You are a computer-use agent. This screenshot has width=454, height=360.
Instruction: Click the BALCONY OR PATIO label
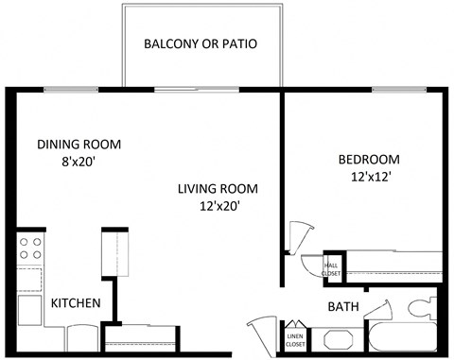(x=200, y=44)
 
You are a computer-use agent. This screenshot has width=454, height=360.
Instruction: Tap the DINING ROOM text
(x=79, y=145)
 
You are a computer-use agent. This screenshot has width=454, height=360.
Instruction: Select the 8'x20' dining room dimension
(x=79, y=162)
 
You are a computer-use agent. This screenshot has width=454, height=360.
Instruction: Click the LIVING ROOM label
(x=218, y=189)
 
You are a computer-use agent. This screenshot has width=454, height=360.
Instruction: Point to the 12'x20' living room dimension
(x=218, y=206)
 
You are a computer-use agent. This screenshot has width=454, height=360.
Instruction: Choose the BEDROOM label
(x=369, y=159)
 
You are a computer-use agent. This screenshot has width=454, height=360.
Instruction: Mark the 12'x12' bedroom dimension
(x=369, y=176)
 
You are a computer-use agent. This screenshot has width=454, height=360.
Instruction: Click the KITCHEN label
(x=76, y=303)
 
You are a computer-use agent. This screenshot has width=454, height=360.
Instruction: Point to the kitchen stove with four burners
(x=30, y=249)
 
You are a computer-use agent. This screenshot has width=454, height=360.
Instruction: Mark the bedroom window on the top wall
(x=401, y=90)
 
